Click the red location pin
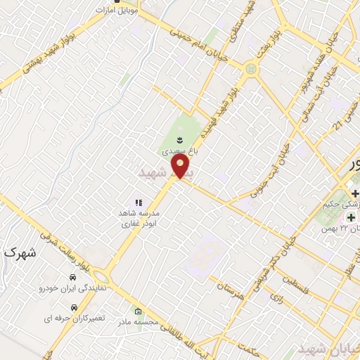pos(182,167)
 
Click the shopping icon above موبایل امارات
pos(126,2)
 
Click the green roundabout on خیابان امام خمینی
pos(251,68)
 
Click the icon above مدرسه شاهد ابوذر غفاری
pos(138,202)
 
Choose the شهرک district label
pos(18,252)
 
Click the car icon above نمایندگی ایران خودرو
pos(75,278)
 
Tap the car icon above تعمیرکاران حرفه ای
pos(75,307)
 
